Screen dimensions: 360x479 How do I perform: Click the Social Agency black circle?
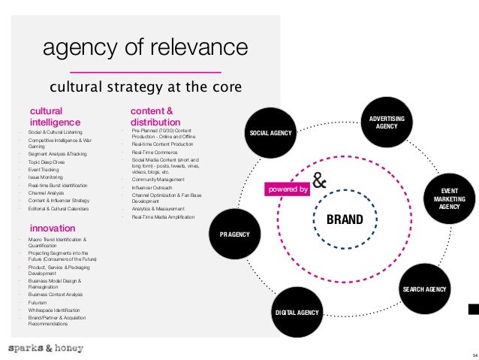tap(270, 134)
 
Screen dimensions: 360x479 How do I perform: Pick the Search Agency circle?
tap(424, 289)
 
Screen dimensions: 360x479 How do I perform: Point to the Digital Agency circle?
tap(297, 311)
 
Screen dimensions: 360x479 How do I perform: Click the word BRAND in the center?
tap(344, 220)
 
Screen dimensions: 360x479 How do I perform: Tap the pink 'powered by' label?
tap(288, 190)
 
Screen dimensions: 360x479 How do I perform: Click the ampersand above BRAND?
tap(319, 183)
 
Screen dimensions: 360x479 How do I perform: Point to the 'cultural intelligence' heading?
tap(55, 116)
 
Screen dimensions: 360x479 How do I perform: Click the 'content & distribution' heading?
tap(155, 116)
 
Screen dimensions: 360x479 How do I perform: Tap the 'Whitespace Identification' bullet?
tap(53, 310)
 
